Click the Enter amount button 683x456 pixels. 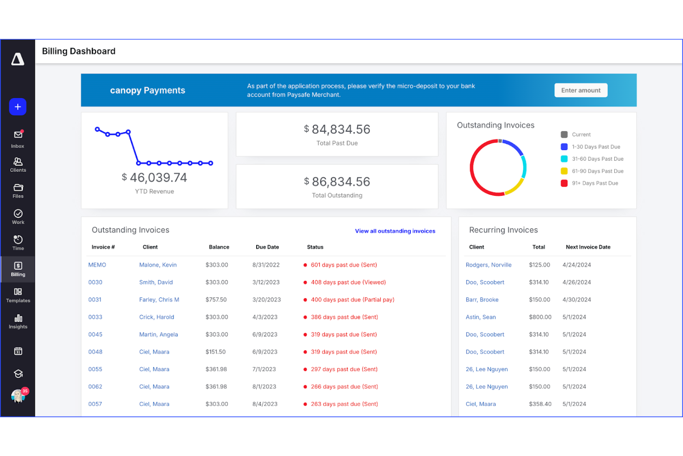click(x=581, y=91)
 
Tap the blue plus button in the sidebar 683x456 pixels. click(x=18, y=107)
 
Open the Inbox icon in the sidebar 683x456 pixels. click(x=18, y=139)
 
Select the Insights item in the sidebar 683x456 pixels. click(x=18, y=322)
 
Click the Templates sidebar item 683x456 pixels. click(x=18, y=296)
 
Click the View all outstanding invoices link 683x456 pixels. click(x=395, y=231)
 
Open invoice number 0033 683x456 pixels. click(x=95, y=317)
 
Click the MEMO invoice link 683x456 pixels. click(x=97, y=265)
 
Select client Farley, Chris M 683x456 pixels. click(x=159, y=299)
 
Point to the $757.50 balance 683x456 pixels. click(x=216, y=299)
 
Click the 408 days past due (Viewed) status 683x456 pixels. click(x=348, y=282)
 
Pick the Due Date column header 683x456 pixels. click(x=267, y=247)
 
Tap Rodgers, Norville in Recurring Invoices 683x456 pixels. click(x=488, y=265)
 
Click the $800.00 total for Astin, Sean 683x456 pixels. click(x=540, y=317)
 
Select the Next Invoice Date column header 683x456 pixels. click(x=588, y=247)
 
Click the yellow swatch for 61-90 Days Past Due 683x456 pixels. click(x=564, y=171)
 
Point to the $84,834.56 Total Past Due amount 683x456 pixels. click(x=337, y=129)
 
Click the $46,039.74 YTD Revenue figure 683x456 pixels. click(x=154, y=177)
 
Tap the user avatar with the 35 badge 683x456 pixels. click(x=18, y=396)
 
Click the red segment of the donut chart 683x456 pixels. click(x=472, y=168)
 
